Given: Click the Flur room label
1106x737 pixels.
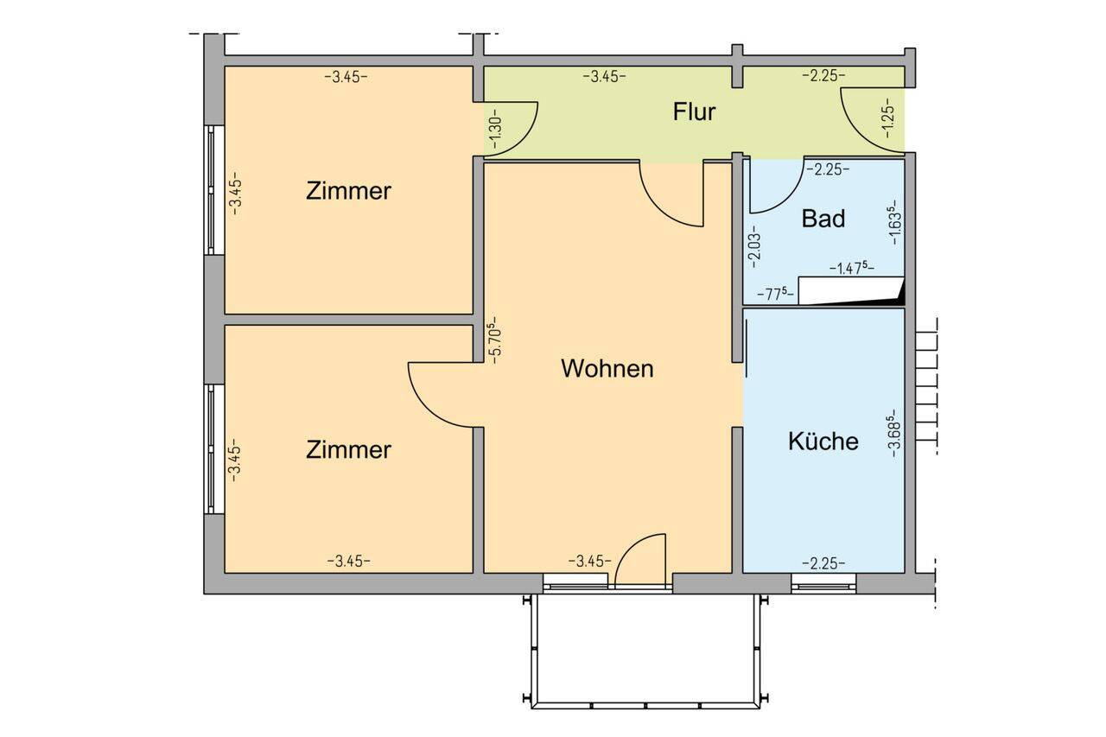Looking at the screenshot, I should pyautogui.click(x=694, y=111).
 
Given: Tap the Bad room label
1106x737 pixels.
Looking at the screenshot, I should pyautogui.click(x=823, y=219).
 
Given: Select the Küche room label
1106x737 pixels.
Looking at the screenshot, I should pyautogui.click(x=823, y=442).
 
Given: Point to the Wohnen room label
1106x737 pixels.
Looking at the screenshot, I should pyautogui.click(x=607, y=369).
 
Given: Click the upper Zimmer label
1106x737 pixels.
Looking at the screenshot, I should pyautogui.click(x=348, y=191).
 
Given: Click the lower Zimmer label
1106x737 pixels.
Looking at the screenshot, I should pyautogui.click(x=348, y=450).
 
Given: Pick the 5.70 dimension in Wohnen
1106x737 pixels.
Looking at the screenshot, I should pyautogui.click(x=494, y=340).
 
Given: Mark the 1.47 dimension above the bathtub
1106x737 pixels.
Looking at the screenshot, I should pyautogui.click(x=851, y=269).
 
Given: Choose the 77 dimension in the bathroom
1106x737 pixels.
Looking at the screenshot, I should pyautogui.click(x=775, y=294).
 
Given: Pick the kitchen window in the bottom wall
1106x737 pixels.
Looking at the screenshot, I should pyautogui.click(x=823, y=588).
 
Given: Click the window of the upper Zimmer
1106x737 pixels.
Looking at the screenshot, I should pyautogui.click(x=212, y=190).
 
